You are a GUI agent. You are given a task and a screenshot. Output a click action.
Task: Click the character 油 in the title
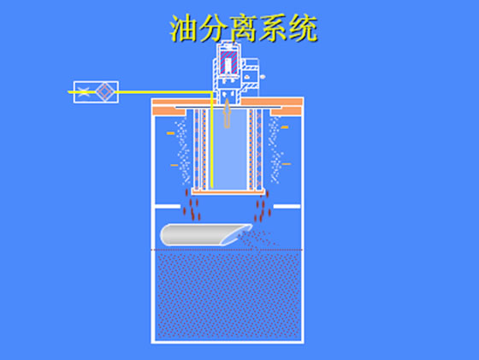[184, 28]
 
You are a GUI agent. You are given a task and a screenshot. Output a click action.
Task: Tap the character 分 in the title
[214, 28]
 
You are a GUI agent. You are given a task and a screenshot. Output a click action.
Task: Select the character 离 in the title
[244, 28]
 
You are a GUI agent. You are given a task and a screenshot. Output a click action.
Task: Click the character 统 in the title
[303, 28]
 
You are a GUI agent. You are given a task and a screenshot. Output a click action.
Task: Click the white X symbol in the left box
[84, 91]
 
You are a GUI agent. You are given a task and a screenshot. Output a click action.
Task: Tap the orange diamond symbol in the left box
[104, 91]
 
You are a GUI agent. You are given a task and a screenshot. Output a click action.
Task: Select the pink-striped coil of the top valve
[228, 62]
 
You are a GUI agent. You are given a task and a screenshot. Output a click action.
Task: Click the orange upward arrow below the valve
[227, 113]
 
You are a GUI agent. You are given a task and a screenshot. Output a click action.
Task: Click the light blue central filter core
[229, 149]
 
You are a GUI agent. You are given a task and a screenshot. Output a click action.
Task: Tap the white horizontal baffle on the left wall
[168, 206]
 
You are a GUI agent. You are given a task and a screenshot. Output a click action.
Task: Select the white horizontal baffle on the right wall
[287, 206]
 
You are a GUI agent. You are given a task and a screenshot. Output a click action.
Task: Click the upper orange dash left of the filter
[170, 133]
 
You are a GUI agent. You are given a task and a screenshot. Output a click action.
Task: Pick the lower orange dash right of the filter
[287, 164]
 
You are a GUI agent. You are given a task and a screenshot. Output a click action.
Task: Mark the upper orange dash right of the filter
[284, 127]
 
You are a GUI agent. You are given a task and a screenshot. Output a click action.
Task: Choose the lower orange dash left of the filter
[174, 165]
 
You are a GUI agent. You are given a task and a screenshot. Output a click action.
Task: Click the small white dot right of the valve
[263, 77]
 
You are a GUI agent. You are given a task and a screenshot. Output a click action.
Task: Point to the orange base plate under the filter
[228, 192]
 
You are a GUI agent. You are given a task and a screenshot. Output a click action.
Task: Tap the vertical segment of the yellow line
[211, 140]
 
